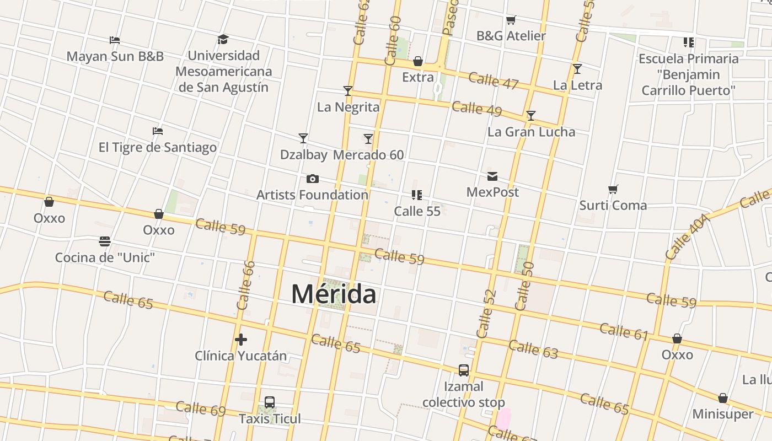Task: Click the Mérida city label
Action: point(334,294)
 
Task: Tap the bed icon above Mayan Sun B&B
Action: point(115,40)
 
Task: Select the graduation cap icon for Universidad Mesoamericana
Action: point(223,39)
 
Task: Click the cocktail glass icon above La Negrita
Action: point(348,91)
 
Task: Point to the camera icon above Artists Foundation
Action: point(312,179)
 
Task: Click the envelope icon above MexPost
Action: point(492,176)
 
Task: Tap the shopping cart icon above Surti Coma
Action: point(613,190)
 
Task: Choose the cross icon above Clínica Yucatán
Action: point(240,340)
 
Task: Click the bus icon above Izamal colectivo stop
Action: point(464,370)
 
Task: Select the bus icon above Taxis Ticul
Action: point(270,402)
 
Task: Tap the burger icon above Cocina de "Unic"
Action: point(105,241)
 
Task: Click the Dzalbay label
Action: point(303,155)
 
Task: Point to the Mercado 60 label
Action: point(368,155)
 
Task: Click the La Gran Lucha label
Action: point(531,132)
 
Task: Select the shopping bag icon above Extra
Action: point(418,61)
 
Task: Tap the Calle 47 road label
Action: point(494,80)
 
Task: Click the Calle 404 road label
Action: point(686,238)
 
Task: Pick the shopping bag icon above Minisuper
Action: point(723,398)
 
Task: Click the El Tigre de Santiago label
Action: point(158,147)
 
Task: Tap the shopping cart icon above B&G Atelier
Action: point(511,20)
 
